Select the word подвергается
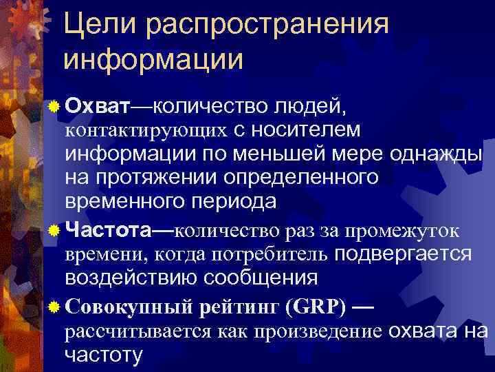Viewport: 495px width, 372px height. (x=402, y=253)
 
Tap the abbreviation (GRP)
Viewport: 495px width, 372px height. (x=313, y=304)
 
